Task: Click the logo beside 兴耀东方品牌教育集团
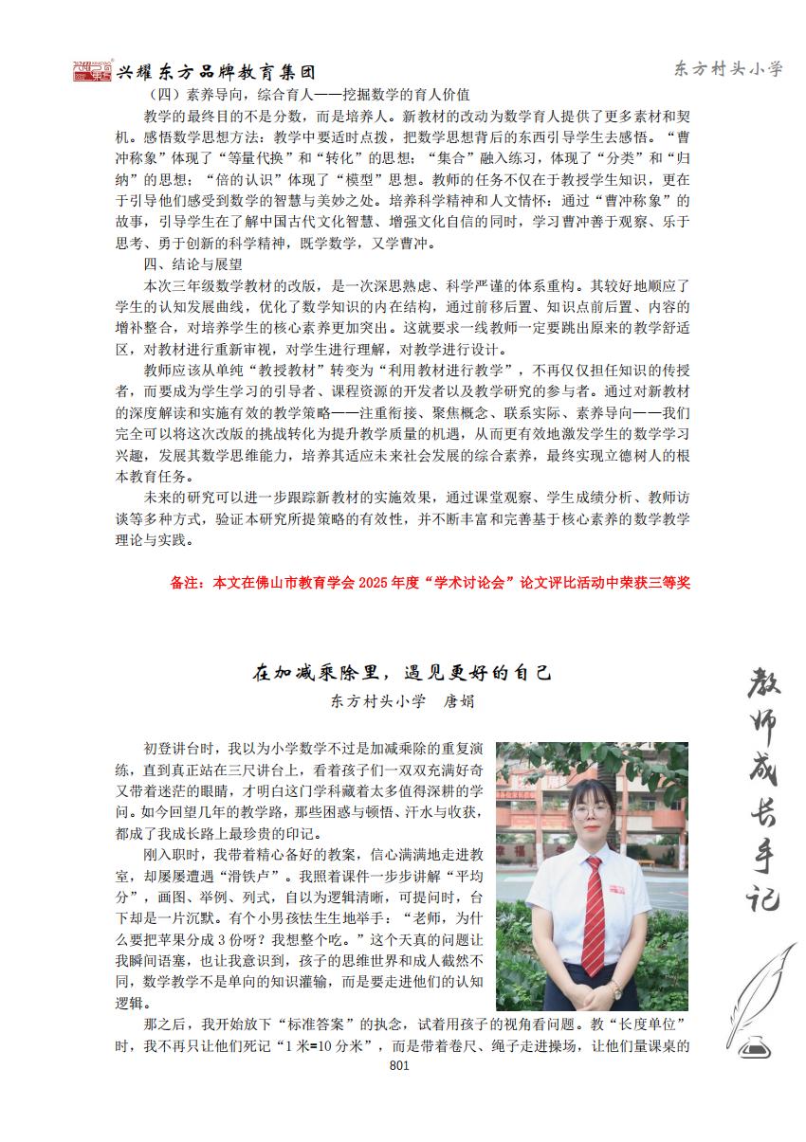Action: tap(91, 71)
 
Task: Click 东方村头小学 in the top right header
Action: tap(728, 69)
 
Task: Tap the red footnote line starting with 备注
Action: tap(430, 583)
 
